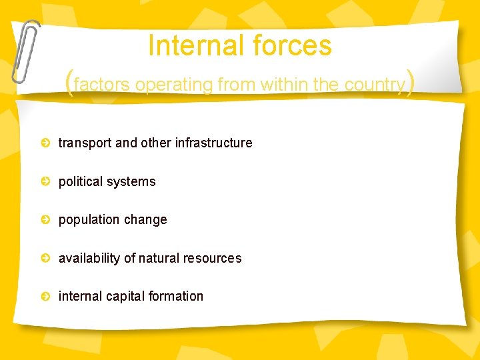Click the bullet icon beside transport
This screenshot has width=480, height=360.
pyautogui.click(x=45, y=143)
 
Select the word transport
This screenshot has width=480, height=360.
pyautogui.click(x=85, y=143)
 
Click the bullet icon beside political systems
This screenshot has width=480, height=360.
pyautogui.click(x=45, y=181)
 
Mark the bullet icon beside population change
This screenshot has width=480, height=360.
pyautogui.click(x=45, y=219)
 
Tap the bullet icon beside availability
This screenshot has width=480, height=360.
pyautogui.click(x=45, y=258)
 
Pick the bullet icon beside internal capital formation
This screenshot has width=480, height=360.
pyautogui.click(x=45, y=296)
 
